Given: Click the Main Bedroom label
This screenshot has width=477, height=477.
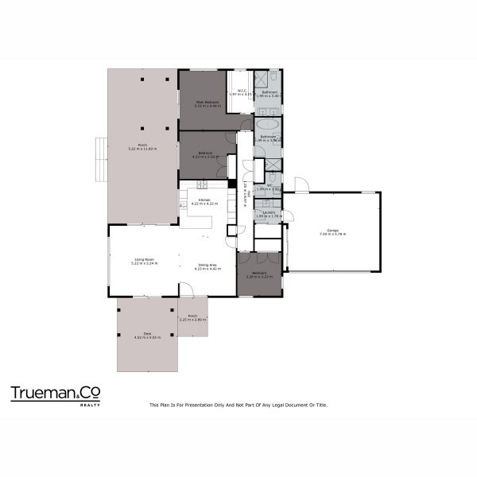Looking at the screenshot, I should tap(208, 103).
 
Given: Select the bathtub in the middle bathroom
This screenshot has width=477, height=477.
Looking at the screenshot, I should tap(268, 126).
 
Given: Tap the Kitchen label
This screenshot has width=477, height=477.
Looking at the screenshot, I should tap(204, 202).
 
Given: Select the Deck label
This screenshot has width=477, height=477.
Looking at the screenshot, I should tap(147, 335).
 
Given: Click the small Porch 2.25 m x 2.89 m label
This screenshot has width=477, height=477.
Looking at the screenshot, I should tap(192, 317).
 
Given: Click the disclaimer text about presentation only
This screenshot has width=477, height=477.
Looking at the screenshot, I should tap(238, 405).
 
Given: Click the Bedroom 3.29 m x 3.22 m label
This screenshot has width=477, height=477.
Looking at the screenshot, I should tap(259, 276).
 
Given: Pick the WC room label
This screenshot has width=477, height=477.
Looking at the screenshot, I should tap(270, 188).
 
